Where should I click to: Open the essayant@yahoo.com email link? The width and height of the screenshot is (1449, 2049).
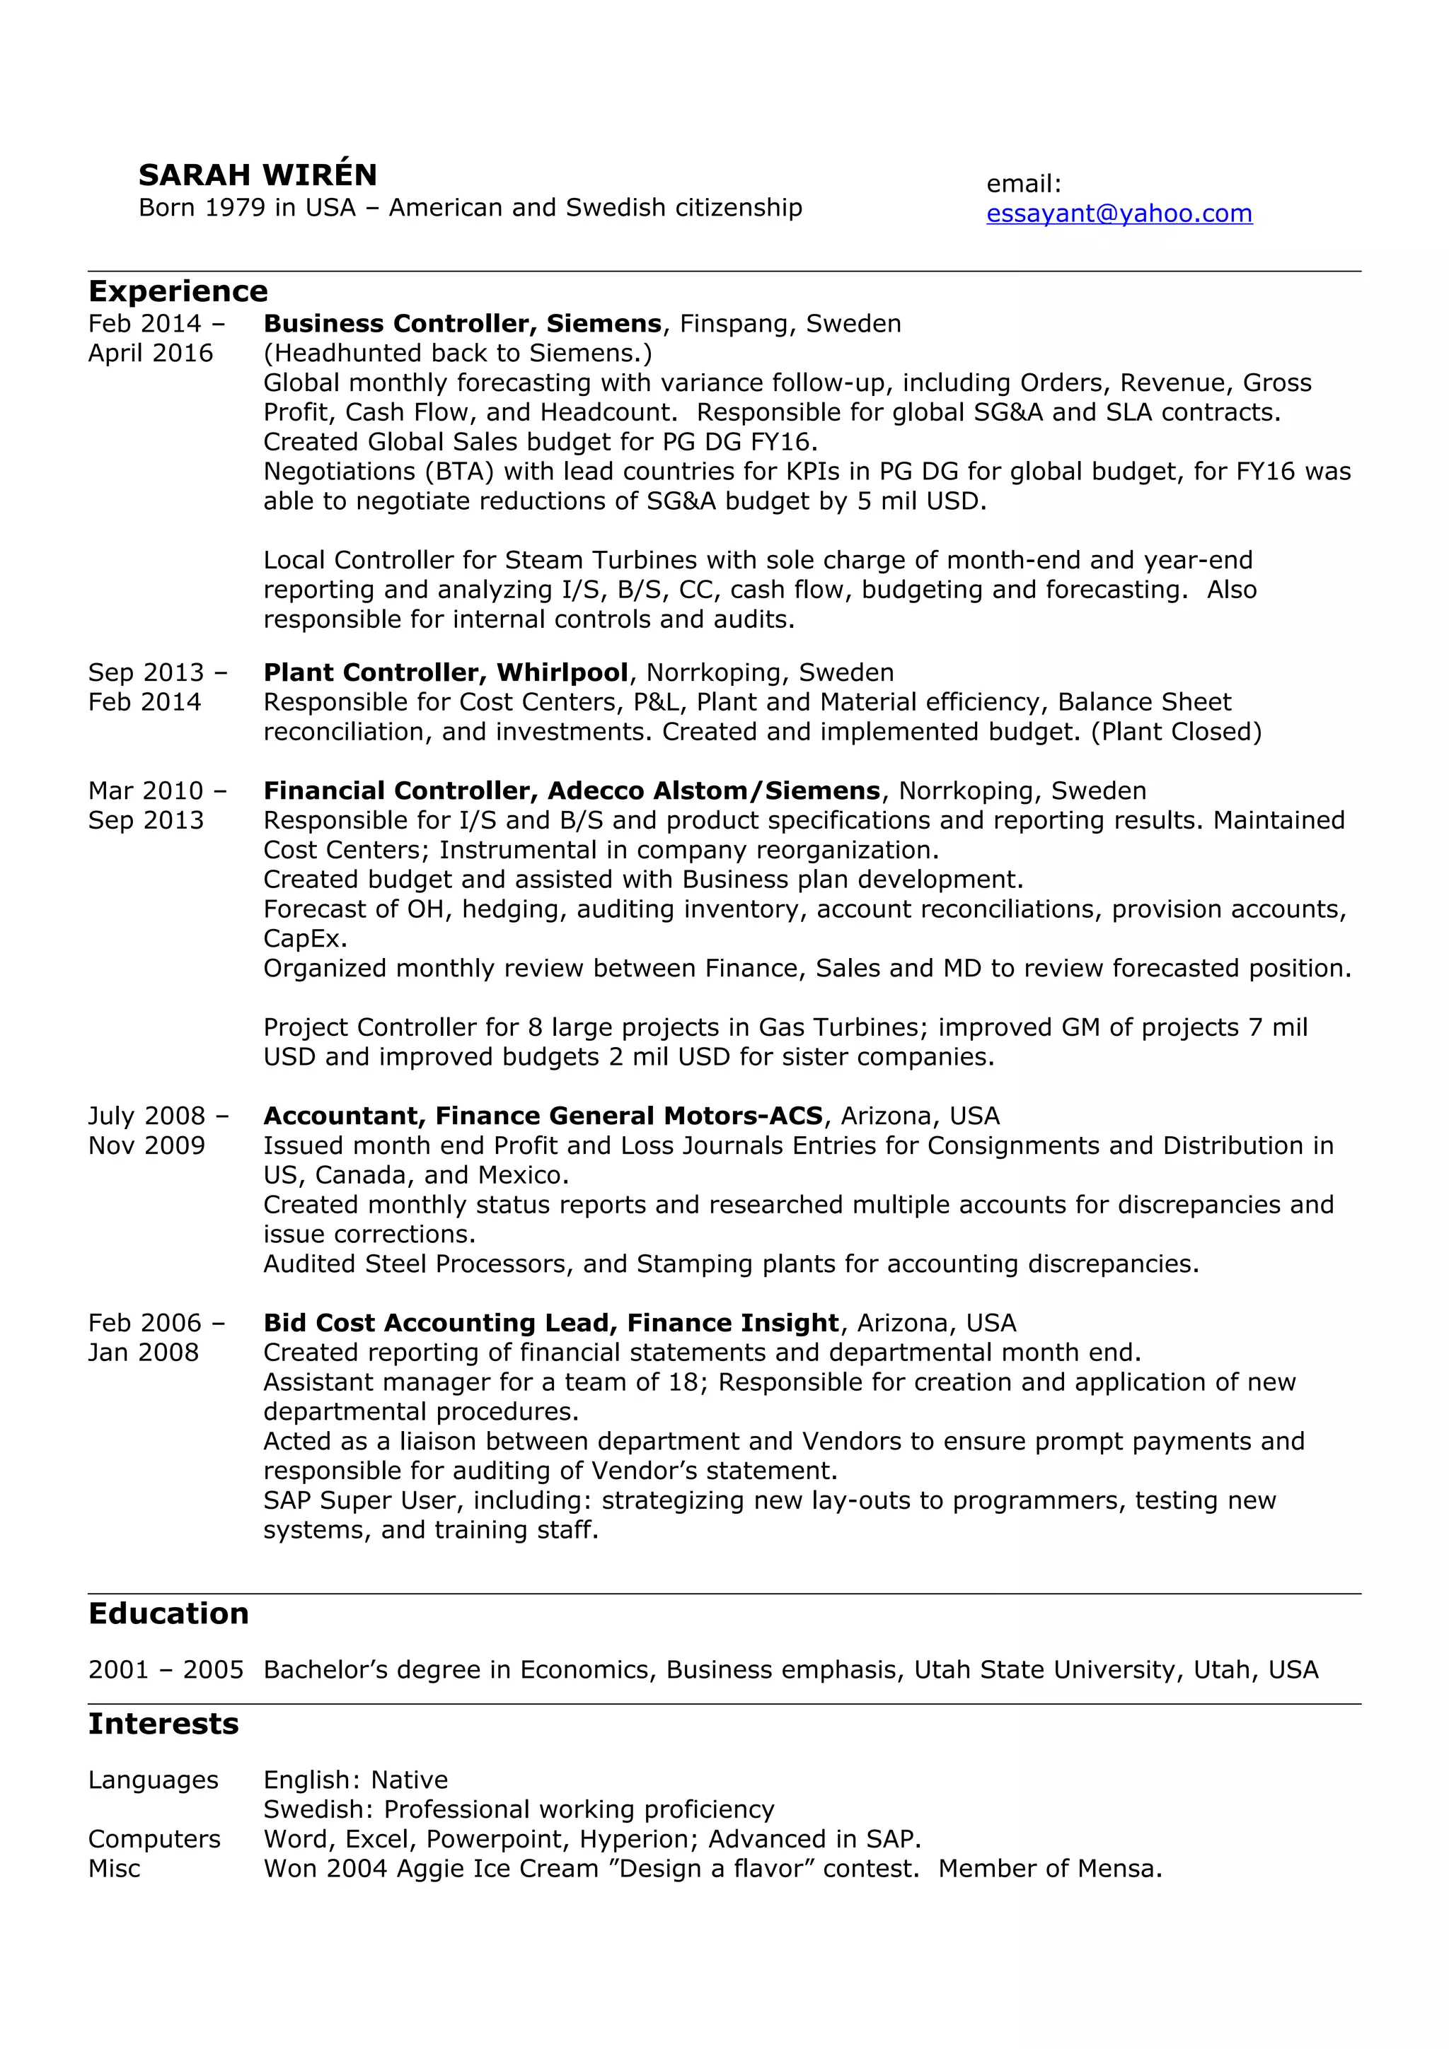pyautogui.click(x=1119, y=214)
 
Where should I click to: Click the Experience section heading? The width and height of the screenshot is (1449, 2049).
pyautogui.click(x=178, y=292)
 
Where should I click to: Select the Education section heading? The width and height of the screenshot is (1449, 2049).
pyautogui.click(x=168, y=1613)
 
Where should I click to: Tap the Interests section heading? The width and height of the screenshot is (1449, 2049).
pyautogui.click(x=163, y=1724)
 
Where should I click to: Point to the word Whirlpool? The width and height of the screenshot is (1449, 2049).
pyautogui.click(x=562, y=673)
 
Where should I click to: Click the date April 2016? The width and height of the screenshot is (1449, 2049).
pyautogui.click(x=150, y=354)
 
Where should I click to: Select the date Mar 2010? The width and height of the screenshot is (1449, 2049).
pyautogui.click(x=146, y=790)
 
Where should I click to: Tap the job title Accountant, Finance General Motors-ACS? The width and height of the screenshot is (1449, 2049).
pyautogui.click(x=543, y=1116)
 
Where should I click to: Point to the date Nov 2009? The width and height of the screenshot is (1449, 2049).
pyautogui.click(x=146, y=1146)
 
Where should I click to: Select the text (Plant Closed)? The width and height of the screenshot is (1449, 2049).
pyautogui.click(x=1176, y=732)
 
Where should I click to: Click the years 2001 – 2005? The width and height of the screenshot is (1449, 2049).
pyautogui.click(x=165, y=1670)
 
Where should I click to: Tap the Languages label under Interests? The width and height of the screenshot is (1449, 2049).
pyautogui.click(x=153, y=1780)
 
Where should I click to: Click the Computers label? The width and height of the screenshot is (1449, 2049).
pyautogui.click(x=154, y=1839)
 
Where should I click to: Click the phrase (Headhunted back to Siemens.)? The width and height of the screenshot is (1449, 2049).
pyautogui.click(x=457, y=354)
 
